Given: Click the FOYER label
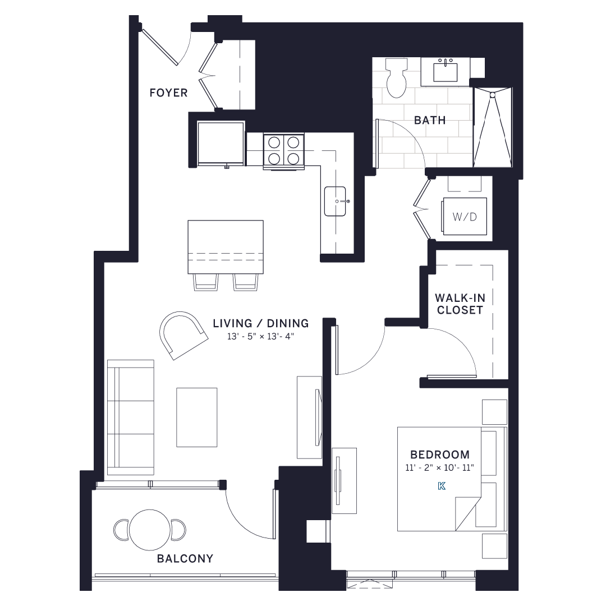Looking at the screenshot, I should pos(168,93).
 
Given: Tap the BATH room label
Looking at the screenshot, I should pos(430,120).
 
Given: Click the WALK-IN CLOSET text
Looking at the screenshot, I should pos(460,304).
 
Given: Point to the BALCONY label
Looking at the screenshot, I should pos(185,558).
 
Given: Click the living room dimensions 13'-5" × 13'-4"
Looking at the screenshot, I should pos(261,336).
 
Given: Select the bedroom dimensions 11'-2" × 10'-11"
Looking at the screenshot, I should pos(440,467).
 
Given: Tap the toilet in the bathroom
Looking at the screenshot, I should pos(397,79).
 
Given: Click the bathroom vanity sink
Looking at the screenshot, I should pos(446,72).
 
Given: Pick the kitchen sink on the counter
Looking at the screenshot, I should pos(336,201).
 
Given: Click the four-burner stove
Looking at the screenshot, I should pos(283,150).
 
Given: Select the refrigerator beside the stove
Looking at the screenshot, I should pos(221,143).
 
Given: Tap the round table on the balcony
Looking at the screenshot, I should pos(150,530).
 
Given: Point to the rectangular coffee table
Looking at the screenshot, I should pos(197,417).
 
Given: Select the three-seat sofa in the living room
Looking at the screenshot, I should pos(131,417).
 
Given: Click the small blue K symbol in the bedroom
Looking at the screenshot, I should pos(442,486).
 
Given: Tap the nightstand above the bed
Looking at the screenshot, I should pos(494,412).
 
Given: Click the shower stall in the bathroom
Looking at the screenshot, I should pos(493,127).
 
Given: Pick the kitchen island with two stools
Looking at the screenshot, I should pos(226,247).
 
